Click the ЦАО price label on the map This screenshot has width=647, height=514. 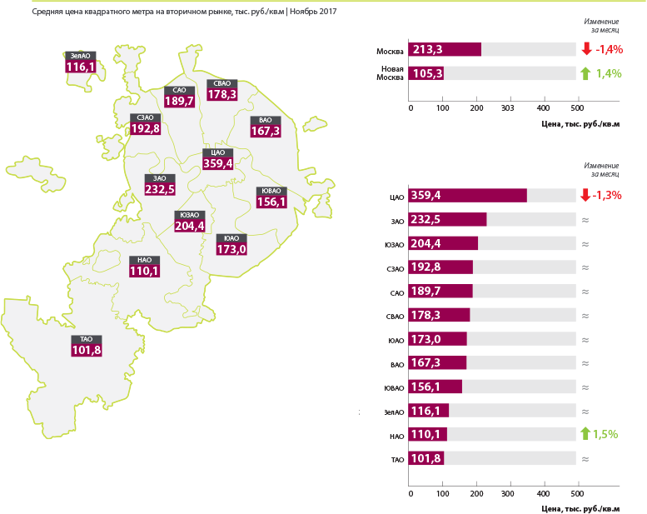pos(218,159)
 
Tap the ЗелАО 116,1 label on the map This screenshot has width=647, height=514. pos(81,62)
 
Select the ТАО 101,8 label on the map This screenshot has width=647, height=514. pos(87,346)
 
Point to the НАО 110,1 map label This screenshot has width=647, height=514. pos(144,267)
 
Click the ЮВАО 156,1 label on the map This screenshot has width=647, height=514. pos(271,197)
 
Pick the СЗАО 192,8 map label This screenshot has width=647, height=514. pos(145,124)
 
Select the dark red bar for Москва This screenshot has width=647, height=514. pos(445,49)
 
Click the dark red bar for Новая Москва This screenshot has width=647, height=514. pos(426,73)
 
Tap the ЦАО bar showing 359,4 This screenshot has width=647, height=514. pos(467,195)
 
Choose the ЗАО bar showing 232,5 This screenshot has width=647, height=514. pos(447,219)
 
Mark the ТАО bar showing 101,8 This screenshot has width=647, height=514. pos(426,458)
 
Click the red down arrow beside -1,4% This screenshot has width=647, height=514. pos(586,48)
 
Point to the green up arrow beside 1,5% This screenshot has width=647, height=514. pos(585,433)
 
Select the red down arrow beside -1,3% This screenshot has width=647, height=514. pos(585,195)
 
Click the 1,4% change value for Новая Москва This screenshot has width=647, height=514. pos(609,73)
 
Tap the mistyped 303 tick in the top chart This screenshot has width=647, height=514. pos(508,108)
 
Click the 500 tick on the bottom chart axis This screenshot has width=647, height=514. pos(577,493)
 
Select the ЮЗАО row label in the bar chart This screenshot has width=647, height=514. pos(394,245)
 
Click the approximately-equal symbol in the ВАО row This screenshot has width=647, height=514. pos(585,363)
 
